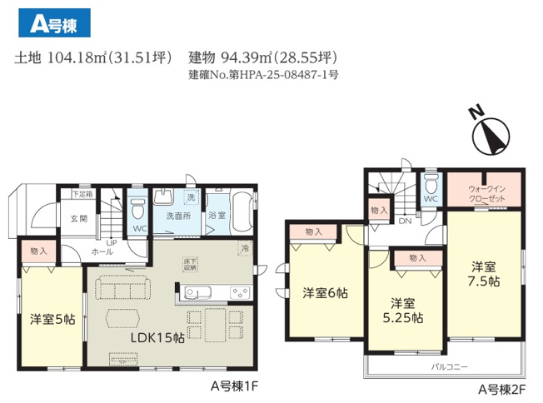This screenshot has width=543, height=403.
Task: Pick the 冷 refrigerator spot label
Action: tap(244, 247)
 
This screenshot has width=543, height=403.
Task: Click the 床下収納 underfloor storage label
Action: tap(191, 264)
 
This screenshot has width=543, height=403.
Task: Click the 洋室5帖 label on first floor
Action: tap(52, 319)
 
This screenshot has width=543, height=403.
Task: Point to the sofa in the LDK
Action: tap(122, 287)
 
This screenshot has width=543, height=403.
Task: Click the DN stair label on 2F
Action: tap(405, 221)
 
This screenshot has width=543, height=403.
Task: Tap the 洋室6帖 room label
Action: tap(324, 292)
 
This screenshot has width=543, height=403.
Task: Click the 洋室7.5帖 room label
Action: tap(483, 274)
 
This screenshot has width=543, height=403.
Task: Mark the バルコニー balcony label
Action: tap(449, 365)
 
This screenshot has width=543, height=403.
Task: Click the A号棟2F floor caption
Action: tap(500, 388)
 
